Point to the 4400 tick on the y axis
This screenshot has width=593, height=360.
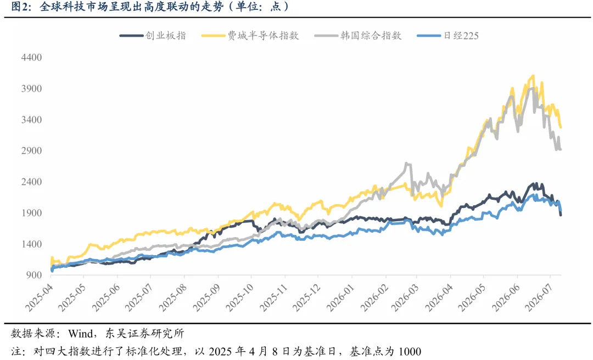(x=31, y=58)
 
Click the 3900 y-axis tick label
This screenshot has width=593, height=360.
(x=31, y=88)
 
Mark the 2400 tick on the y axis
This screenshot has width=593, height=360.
(x=31, y=182)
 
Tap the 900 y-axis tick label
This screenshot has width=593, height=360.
(x=34, y=275)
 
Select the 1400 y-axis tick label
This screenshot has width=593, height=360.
(x=31, y=244)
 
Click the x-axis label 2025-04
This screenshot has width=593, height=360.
(x=39, y=298)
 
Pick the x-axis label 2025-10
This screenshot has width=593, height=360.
(x=239, y=298)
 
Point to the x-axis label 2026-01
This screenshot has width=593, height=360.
(x=340, y=298)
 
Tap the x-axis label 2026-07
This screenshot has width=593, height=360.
(x=539, y=298)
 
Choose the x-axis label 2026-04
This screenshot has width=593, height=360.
(x=439, y=298)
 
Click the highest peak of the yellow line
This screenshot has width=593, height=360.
(x=533, y=76)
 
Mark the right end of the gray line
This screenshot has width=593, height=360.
(x=561, y=149)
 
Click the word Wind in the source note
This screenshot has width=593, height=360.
(x=81, y=334)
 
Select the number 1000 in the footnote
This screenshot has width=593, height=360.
(x=410, y=352)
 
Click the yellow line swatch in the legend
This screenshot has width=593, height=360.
(x=213, y=36)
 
